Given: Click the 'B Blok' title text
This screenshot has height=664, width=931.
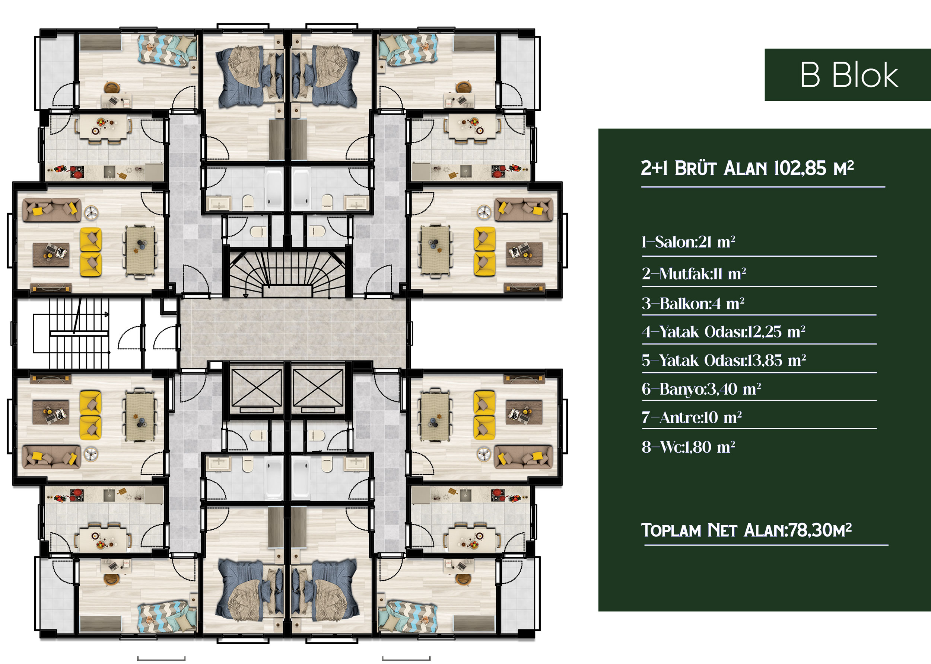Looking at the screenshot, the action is click(849, 75).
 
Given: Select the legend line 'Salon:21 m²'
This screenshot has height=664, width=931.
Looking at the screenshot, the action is click(688, 242).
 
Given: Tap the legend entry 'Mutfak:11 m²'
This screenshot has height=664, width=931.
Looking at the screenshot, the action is click(694, 273).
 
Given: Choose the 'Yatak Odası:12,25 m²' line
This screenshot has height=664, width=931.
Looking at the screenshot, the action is click(724, 331).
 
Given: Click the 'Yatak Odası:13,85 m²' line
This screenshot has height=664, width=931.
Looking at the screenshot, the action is click(724, 360).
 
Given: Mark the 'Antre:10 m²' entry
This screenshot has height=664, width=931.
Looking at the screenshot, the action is click(692, 417).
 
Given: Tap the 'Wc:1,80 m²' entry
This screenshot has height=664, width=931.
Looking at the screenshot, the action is click(688, 447).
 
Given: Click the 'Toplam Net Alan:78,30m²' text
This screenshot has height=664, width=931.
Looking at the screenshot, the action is click(746, 530).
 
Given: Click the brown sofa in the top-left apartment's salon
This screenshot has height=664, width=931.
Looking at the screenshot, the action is click(51, 210).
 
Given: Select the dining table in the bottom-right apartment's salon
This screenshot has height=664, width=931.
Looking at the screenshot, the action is click(435, 416).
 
